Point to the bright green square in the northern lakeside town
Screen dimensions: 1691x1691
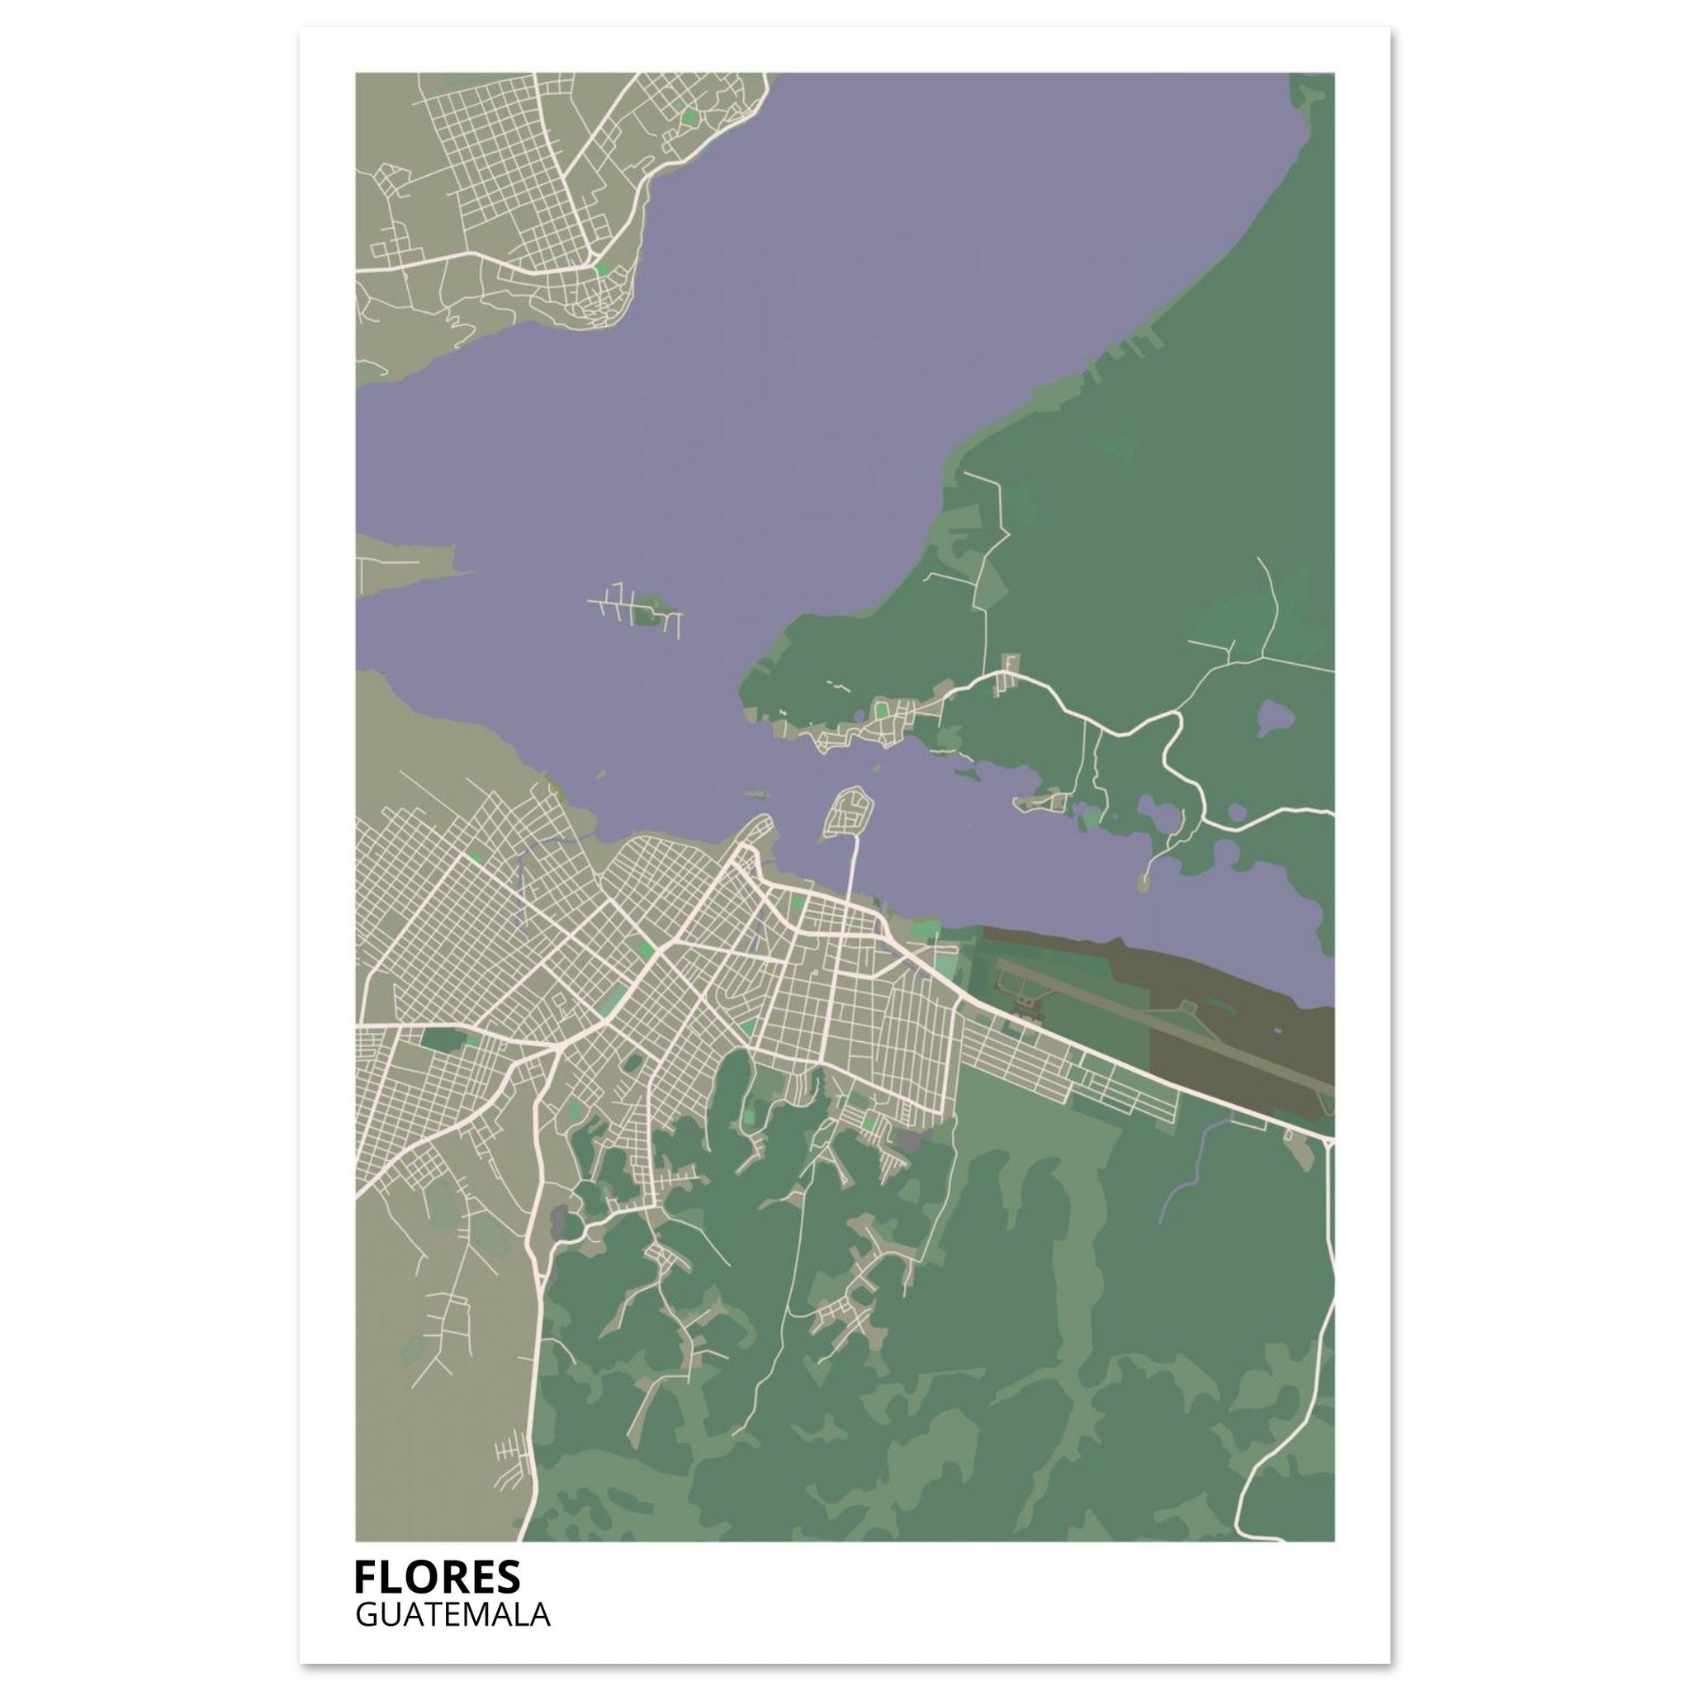602,268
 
